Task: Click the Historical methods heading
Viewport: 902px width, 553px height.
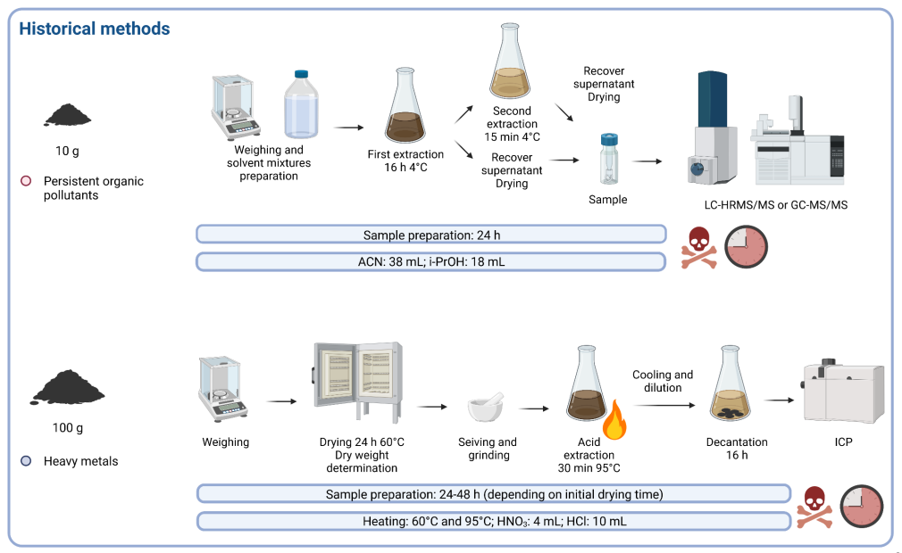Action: point(95,29)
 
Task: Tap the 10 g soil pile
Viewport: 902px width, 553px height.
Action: point(67,114)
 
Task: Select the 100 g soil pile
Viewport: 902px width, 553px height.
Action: point(68,388)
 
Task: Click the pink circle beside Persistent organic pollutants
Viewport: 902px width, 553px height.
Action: point(26,182)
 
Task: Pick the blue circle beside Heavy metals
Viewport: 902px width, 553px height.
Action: point(26,461)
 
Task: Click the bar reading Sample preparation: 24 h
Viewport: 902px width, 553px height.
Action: point(430,235)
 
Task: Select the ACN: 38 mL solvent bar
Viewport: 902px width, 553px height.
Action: point(430,261)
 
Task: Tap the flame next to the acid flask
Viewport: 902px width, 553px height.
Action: point(614,422)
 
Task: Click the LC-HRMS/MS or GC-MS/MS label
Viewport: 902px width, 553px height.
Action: point(775,205)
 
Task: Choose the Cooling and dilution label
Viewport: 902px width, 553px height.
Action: point(663,381)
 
